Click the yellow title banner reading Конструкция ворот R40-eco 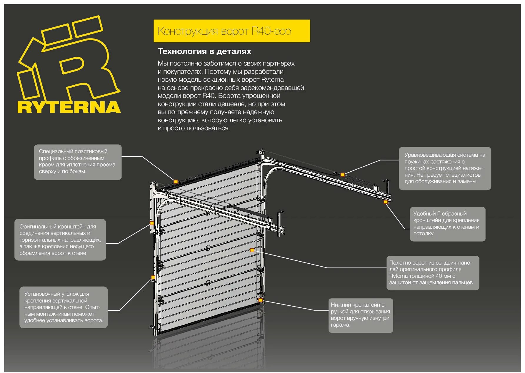coord(231,31)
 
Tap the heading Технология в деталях coord(204,51)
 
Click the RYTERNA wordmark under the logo coord(69,107)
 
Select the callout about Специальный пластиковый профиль coord(78,162)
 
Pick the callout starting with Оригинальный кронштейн coord(60,240)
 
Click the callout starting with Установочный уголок coord(64,307)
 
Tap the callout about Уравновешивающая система coord(445,168)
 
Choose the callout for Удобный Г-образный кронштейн coord(447,224)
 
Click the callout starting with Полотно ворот coord(433,273)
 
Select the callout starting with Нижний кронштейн coord(361,315)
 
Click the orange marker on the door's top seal coord(176,182)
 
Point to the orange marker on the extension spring coord(342,175)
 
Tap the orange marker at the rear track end coord(386,202)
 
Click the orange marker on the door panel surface coord(252,250)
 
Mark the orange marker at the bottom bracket coord(260,300)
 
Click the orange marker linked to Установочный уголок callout coord(153,277)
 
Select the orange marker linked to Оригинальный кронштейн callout coord(152,223)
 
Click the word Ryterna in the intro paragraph coord(272,80)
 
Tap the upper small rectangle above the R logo coord(87,26)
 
